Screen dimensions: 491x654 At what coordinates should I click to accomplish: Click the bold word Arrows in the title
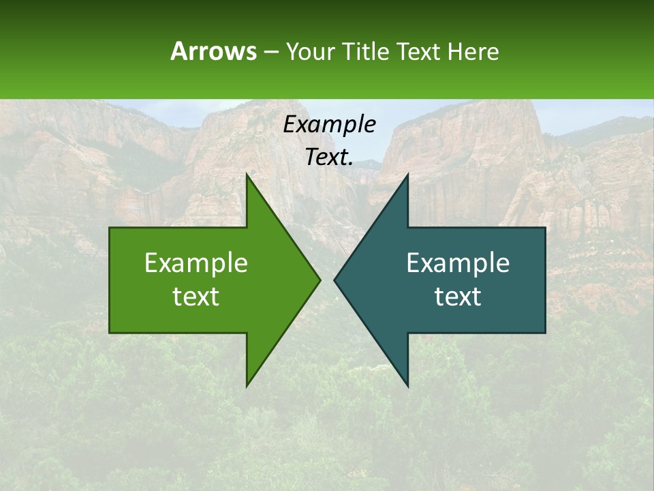213,51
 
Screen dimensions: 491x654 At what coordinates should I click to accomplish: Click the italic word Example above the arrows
330,124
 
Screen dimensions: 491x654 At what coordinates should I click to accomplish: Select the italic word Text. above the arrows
330,157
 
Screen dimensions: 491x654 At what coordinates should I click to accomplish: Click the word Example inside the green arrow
196,263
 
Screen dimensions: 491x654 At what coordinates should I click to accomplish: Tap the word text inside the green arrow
196,296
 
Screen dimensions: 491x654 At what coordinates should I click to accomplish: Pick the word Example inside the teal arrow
458,263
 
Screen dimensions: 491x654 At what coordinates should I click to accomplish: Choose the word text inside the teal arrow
458,296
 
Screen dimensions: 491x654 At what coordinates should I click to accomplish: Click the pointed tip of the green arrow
320,280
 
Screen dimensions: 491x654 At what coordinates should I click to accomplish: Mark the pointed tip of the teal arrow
334,280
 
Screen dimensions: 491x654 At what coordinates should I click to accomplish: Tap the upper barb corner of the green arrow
247,175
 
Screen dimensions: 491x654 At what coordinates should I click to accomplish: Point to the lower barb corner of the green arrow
247,385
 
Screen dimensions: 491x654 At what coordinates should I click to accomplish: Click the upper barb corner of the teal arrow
407,175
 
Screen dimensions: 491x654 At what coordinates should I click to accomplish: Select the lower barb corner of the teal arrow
407,385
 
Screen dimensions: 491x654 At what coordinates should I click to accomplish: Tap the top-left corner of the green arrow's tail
110,228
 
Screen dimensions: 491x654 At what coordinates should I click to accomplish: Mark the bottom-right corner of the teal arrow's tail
545,332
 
